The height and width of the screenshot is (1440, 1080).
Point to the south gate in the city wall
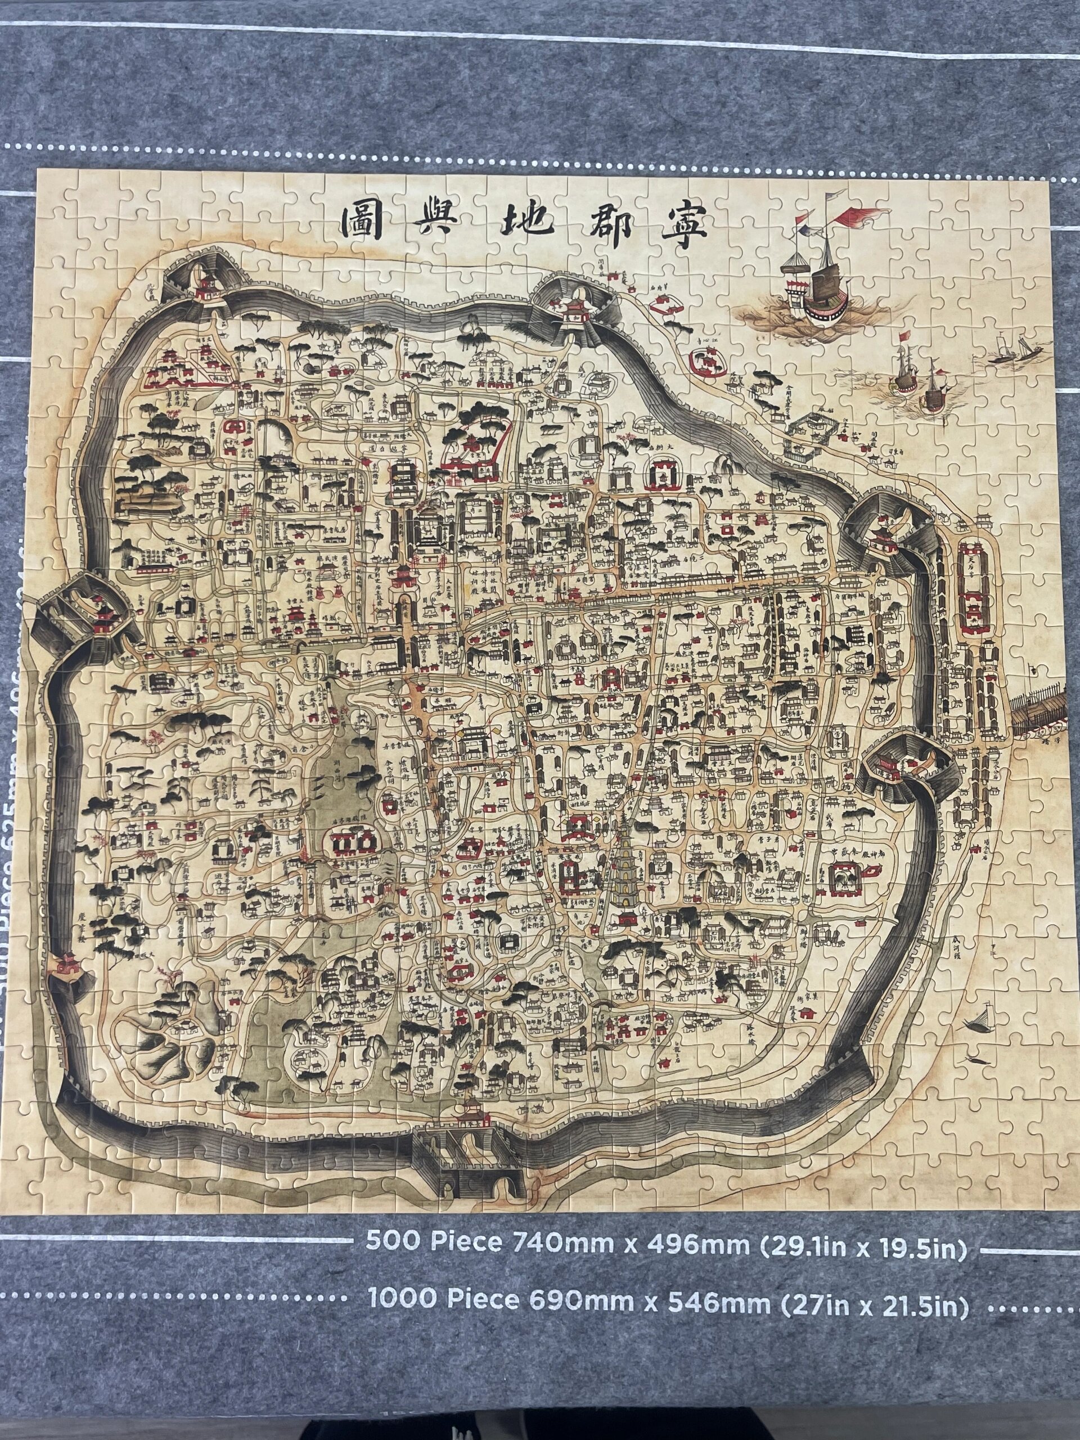coord(472,1146)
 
